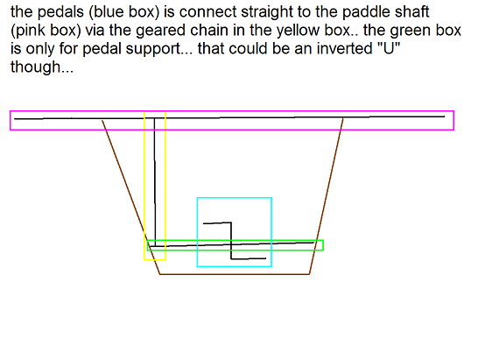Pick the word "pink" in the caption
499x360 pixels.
(x=30, y=32)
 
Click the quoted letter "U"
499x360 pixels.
(x=388, y=49)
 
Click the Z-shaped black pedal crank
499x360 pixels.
(x=231, y=241)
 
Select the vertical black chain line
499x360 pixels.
(x=155, y=182)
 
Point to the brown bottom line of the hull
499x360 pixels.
(x=235, y=274)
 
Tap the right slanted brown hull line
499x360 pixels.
(x=327, y=196)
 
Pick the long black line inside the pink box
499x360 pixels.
(x=229, y=117)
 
